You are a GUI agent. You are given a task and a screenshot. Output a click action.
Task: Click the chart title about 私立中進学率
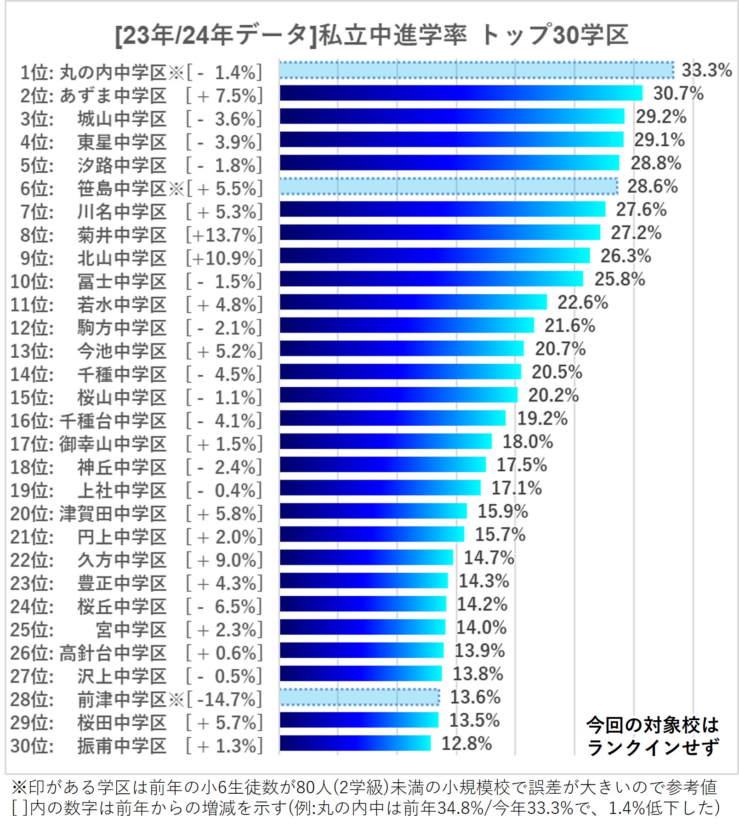(371, 35)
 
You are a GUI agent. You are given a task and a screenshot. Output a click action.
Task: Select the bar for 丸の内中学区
(476, 70)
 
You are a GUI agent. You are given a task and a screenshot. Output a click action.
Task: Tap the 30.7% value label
(678, 93)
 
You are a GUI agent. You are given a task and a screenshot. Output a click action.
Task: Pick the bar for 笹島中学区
(449, 186)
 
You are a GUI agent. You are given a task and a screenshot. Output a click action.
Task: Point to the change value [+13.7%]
(224, 235)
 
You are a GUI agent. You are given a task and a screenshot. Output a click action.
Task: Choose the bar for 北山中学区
(435, 256)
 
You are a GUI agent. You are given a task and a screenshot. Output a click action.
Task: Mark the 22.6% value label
(583, 302)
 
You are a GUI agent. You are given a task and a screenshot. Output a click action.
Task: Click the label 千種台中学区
(113, 421)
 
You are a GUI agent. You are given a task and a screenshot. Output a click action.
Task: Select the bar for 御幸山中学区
(386, 441)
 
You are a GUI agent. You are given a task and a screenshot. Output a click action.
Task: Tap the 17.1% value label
(517, 488)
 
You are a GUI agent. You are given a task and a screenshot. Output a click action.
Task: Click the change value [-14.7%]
(224, 700)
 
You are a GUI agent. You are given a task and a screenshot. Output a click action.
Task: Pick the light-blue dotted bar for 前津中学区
(359, 697)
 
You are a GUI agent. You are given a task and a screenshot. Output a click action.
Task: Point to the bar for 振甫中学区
(355, 743)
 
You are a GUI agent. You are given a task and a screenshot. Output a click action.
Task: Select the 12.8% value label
(466, 743)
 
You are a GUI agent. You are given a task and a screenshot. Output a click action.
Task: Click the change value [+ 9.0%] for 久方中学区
(224, 560)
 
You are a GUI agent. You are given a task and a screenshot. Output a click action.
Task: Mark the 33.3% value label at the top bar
(706, 70)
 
